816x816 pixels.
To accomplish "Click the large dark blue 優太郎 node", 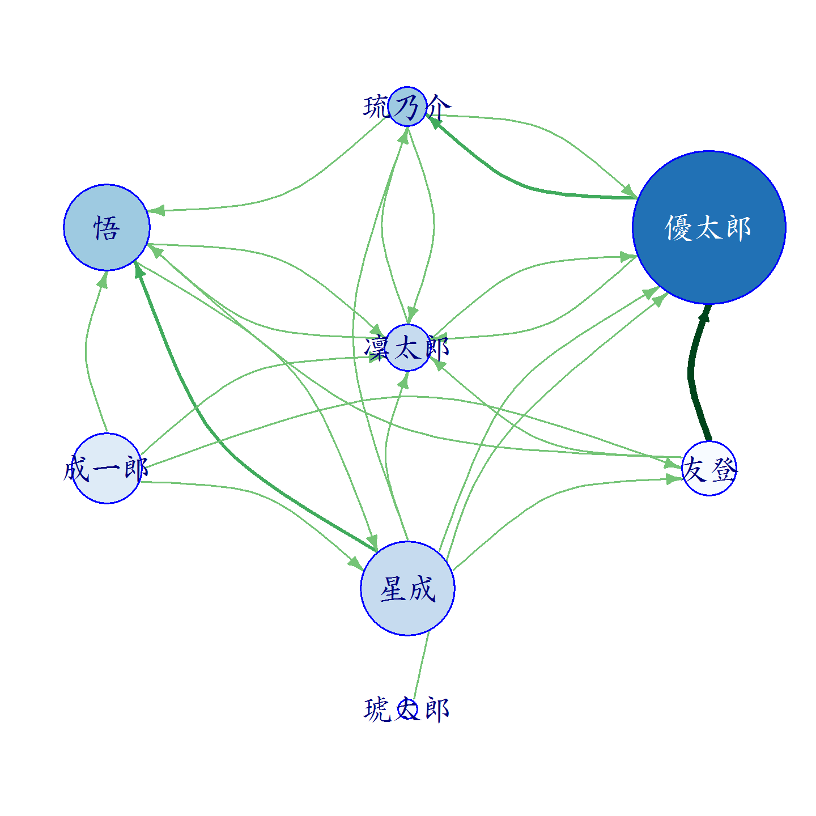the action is [709, 227].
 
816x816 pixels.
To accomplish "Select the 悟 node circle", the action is [107, 227].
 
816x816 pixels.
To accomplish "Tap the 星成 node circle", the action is [407, 588].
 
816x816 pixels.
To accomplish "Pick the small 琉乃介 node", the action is [407, 107].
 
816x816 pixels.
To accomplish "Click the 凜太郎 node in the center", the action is [407, 348].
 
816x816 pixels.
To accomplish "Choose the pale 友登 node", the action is [709, 468].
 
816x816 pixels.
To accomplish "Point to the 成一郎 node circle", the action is [107, 468].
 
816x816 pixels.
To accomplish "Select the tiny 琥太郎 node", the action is [407, 709].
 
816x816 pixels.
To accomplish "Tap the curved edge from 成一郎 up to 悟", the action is [86, 351].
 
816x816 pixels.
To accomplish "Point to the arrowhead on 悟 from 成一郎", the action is [103, 279].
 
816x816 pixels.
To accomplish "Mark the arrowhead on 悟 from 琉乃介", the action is [156, 210].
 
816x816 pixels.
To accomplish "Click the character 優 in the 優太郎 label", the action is [678, 228].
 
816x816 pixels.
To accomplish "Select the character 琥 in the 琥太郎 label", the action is [376, 709].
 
